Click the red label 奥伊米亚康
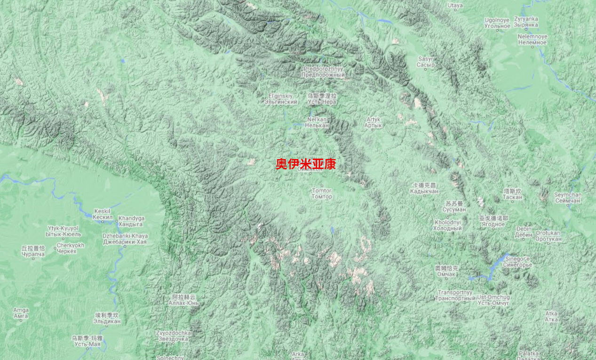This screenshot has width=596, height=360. coord(305,164)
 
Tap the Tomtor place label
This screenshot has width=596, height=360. coord(322,193)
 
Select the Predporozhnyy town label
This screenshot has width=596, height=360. coord(324,72)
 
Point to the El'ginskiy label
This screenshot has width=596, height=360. coord(281,99)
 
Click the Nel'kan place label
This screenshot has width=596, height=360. coord(317,122)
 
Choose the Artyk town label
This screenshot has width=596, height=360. coord(373,122)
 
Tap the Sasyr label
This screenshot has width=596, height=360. coord(426,62)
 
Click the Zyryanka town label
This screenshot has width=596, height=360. coord(526,22)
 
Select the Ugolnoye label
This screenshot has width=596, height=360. coord(497,24)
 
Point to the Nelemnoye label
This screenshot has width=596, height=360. coord(532,39)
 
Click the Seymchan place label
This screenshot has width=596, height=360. coord(568,198)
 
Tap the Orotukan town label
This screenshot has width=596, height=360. coord(548,236)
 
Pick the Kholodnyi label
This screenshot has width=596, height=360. coord(448,225)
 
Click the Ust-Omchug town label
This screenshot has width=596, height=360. coord(493,300)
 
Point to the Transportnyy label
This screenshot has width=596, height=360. coord(455,295)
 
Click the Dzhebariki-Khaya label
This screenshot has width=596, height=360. coord(125,239)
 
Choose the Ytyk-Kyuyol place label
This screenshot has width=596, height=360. coord(63,231)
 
